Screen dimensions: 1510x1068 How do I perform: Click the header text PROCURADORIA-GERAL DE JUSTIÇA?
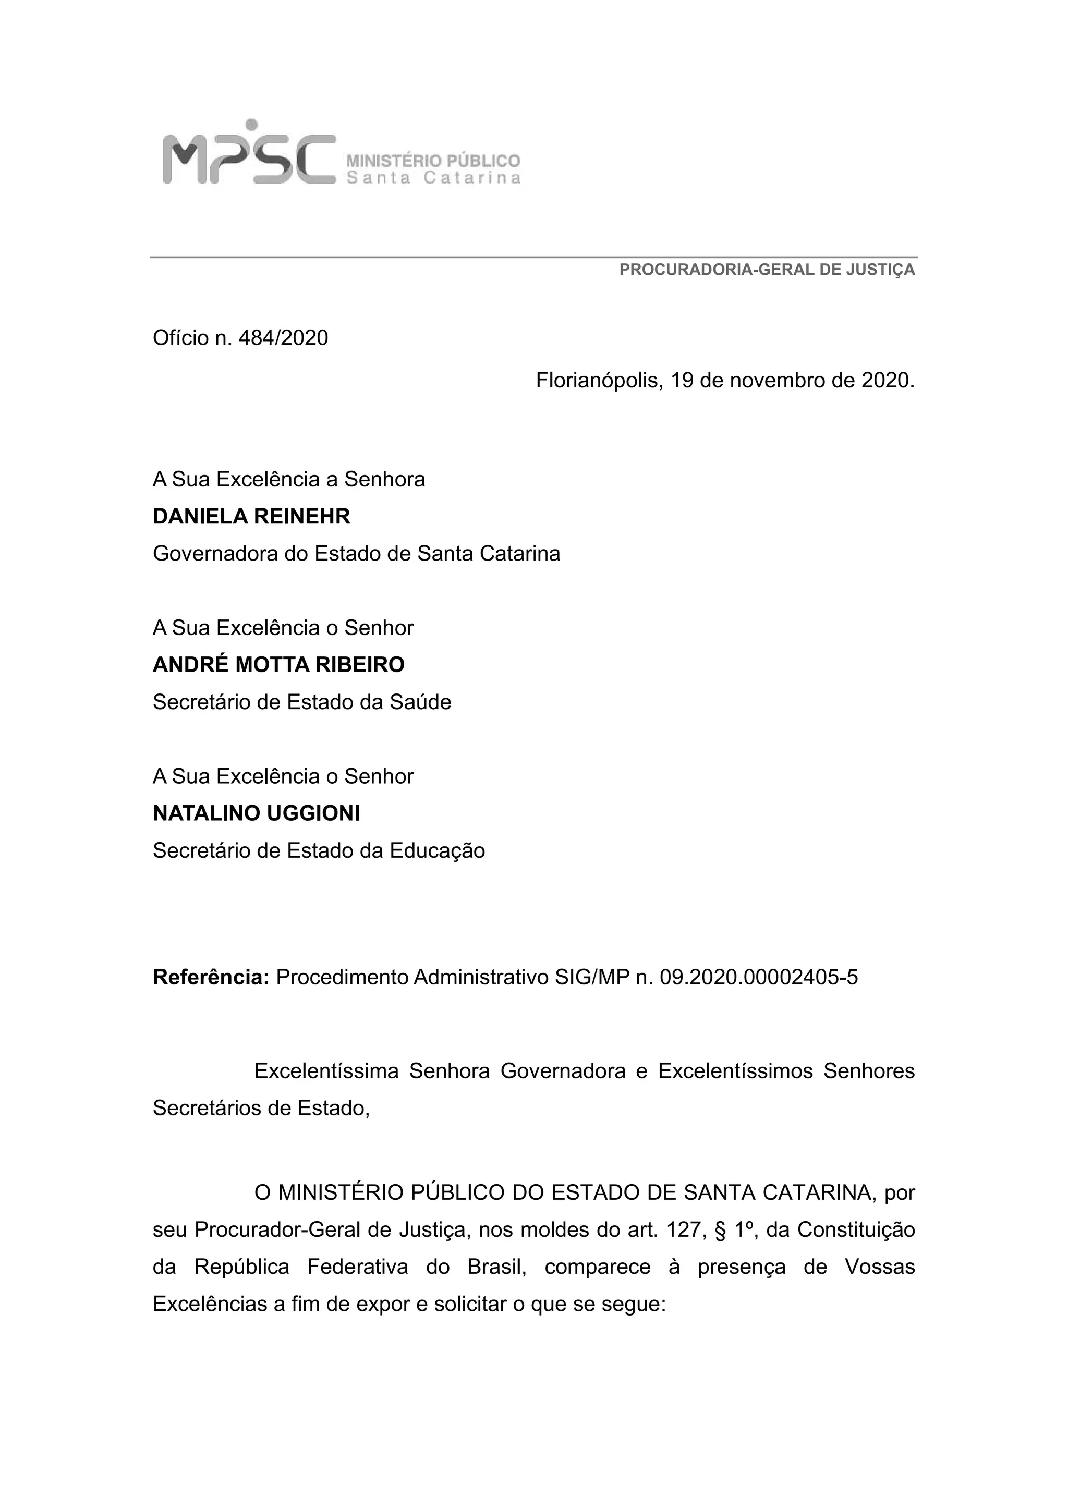[x=767, y=270]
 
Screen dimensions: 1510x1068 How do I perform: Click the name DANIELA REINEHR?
[x=251, y=517]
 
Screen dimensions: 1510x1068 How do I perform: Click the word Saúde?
[x=420, y=702]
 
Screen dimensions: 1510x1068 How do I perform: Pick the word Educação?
[x=438, y=851]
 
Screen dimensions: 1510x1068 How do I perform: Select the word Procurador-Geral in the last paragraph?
[x=277, y=1230]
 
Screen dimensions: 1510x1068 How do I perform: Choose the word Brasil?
[x=497, y=1268]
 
